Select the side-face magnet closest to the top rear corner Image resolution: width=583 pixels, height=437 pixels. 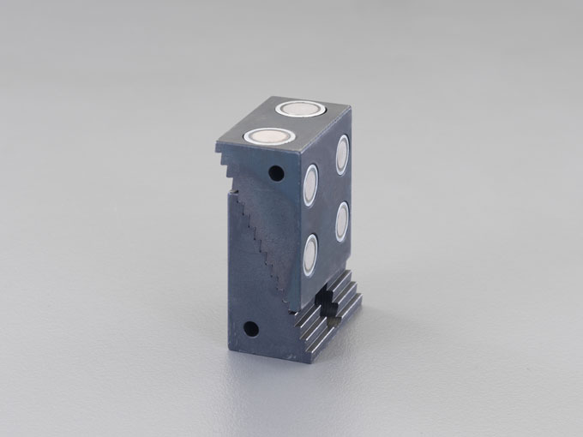342,154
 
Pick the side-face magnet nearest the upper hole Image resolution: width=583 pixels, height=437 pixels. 310,184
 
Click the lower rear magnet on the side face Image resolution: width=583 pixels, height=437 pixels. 342,222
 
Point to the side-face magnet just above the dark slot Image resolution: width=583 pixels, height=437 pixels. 310,254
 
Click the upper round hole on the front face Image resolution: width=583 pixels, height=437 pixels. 275,173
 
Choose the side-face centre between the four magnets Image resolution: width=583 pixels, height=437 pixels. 326,204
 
